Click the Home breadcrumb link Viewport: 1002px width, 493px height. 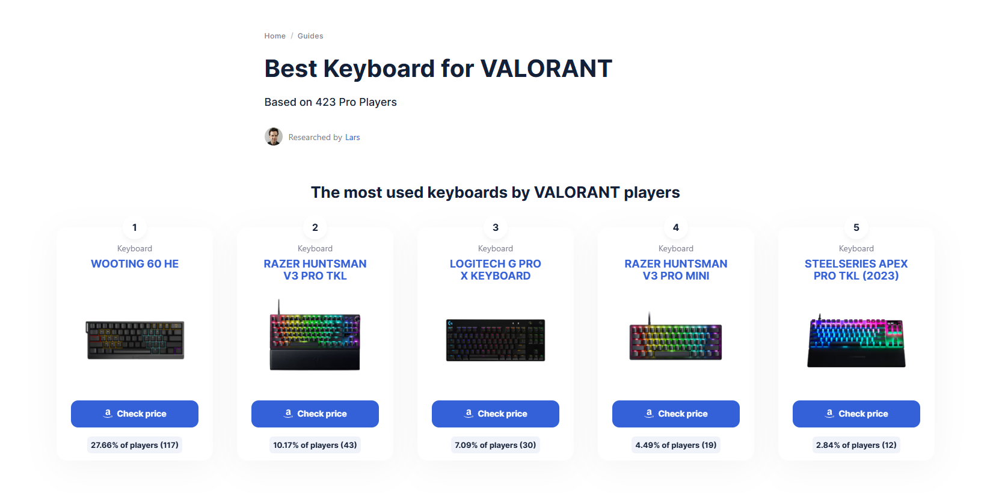[275, 35]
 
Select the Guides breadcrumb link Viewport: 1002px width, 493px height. [310, 35]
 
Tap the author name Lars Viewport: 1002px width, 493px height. [352, 137]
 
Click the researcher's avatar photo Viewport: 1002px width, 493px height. [273, 136]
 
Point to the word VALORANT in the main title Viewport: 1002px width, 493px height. [546, 69]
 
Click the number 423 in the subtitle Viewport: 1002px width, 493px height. [325, 102]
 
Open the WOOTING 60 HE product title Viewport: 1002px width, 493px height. [135, 264]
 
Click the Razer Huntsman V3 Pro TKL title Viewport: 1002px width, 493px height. [315, 269]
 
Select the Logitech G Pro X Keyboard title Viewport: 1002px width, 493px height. [495, 269]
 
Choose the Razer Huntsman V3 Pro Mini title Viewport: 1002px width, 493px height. [676, 269]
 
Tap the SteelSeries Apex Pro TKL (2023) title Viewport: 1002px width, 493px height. [856, 269]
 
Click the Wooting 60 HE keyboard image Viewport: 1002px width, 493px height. [135, 340]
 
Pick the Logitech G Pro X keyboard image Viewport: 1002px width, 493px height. [496, 340]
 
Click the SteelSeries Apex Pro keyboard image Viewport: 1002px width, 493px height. [856, 340]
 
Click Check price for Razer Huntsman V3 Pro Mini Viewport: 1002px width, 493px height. [676, 414]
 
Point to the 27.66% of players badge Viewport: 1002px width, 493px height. [135, 445]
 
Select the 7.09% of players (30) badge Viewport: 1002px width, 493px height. [495, 445]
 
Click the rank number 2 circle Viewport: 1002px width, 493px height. [315, 227]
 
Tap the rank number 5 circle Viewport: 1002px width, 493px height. [856, 227]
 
